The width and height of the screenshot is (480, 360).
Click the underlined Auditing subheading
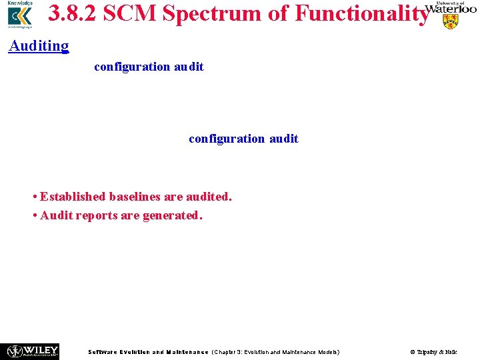point(39,45)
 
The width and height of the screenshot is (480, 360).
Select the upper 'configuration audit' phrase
point(149,67)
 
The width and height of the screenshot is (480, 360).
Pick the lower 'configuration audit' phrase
point(243,139)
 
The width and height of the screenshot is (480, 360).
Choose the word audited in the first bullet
point(207,197)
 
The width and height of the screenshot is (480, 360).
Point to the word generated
point(172,215)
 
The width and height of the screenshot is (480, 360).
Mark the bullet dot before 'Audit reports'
point(35,216)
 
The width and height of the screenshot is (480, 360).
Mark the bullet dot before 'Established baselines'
point(35,197)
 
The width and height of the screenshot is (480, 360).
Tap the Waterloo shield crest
point(451,22)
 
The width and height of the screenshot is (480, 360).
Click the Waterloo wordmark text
point(451,9)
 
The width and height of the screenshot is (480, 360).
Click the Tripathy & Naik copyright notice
point(433,352)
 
